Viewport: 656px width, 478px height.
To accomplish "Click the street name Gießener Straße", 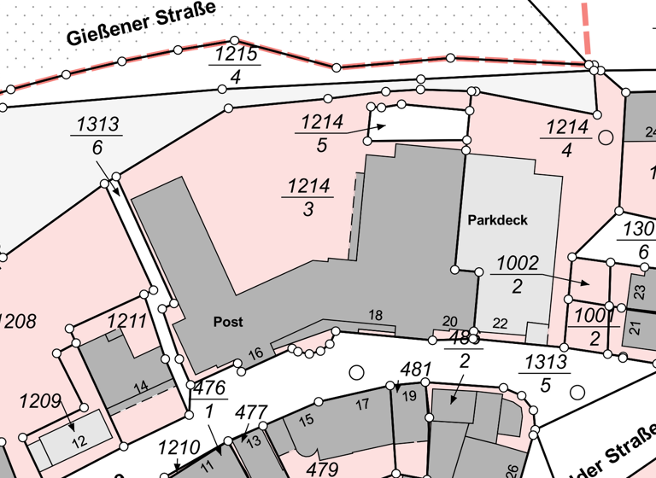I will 140,24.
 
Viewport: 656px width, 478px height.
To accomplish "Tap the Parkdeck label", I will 498,219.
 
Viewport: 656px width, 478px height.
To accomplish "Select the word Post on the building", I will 228,322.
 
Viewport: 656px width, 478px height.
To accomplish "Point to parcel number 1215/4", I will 234,65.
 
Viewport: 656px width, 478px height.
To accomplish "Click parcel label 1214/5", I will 321,133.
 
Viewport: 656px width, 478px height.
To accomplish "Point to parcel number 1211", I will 127,321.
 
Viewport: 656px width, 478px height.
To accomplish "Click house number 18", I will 375,315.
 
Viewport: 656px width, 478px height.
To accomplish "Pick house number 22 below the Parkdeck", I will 501,322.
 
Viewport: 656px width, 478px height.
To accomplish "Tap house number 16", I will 255,353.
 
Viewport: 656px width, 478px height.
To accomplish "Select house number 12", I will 78,441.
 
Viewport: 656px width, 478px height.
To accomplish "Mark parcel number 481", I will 415,370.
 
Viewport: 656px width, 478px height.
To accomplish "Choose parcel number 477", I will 251,413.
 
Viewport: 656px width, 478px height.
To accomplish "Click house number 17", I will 361,403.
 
